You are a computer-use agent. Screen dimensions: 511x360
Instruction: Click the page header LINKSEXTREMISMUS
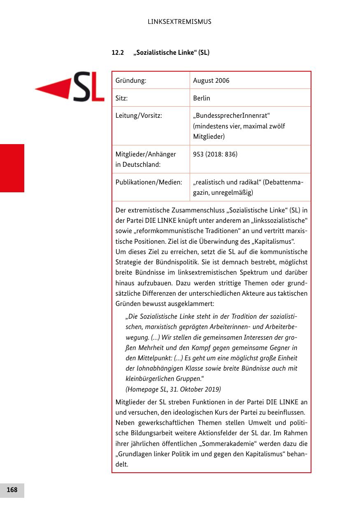[179, 22]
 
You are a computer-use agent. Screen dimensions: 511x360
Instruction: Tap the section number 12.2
[118, 53]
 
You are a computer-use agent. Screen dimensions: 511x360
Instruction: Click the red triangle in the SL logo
[53, 87]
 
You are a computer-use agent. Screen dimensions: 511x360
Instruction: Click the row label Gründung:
[131, 81]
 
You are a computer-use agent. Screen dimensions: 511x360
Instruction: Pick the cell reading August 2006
[211, 81]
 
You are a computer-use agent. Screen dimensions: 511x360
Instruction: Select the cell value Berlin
[201, 98]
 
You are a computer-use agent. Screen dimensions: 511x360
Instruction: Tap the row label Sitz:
[122, 98]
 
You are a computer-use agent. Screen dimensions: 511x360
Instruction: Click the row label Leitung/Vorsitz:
[139, 116]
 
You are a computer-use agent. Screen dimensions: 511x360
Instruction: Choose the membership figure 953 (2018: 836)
[215, 154]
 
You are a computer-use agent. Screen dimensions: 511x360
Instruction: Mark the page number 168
[12, 490]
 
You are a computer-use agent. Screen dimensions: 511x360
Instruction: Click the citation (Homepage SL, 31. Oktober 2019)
[173, 389]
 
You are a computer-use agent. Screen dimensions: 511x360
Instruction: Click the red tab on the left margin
[12, 168]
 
